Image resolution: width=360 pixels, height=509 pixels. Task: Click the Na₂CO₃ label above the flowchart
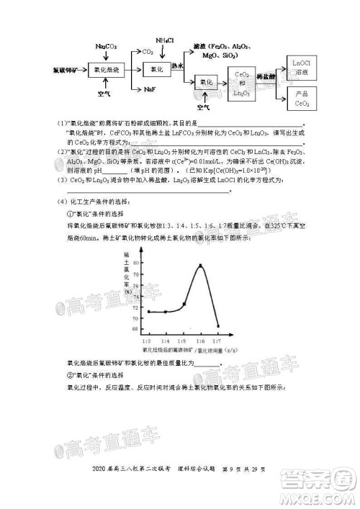(107, 46)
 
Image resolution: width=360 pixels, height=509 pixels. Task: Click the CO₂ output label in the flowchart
(148, 52)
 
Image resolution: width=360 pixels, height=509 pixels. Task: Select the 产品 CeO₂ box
(302, 99)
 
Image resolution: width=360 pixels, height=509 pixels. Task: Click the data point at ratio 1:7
(217, 325)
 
